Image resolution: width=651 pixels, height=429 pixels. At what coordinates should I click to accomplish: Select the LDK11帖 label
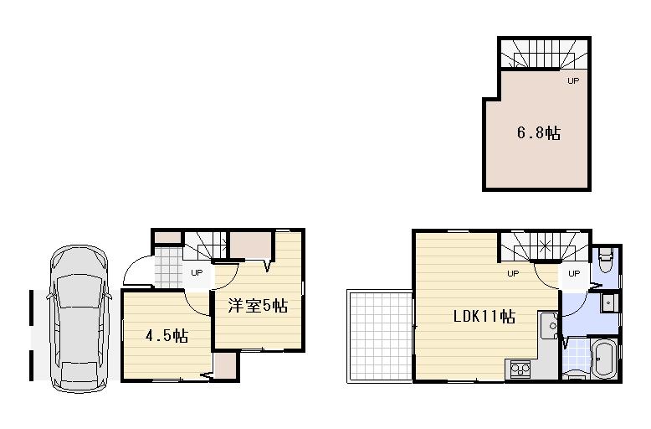tap(484, 318)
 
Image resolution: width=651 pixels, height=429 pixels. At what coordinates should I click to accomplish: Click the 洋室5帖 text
tap(258, 307)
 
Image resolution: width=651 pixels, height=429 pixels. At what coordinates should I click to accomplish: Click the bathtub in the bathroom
tap(602, 360)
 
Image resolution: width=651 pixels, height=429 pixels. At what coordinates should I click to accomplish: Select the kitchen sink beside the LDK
tap(549, 324)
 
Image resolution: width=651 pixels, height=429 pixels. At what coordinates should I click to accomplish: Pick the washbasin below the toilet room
tap(609, 302)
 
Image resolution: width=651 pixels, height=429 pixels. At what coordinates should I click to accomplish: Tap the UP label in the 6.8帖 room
tap(573, 81)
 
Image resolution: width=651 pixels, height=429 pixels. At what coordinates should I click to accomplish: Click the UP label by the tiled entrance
tap(197, 272)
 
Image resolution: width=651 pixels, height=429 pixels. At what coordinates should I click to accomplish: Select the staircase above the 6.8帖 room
tap(544, 55)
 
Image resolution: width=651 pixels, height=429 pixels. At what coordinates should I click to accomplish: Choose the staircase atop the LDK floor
tap(544, 248)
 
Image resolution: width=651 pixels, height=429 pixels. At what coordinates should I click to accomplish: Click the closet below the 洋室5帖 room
tap(225, 364)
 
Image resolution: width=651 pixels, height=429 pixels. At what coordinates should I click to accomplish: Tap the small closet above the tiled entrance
tap(167, 237)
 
